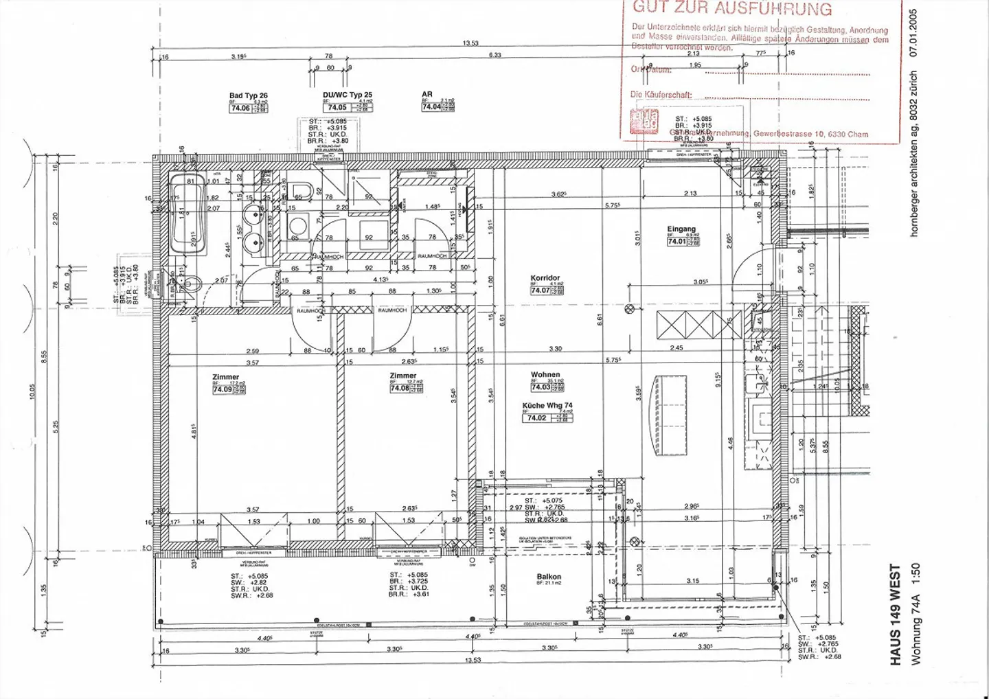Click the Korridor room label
pyautogui.click(x=545, y=278)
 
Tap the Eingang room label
pyautogui.click(x=681, y=229)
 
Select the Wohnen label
pyautogui.click(x=545, y=375)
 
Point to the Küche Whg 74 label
pyautogui.click(x=547, y=405)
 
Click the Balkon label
pyautogui.click(x=549, y=577)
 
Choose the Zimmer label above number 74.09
pyautogui.click(x=226, y=377)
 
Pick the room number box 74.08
pyautogui.click(x=400, y=388)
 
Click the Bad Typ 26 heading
pyautogui.click(x=248, y=96)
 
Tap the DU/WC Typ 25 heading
pyautogui.click(x=348, y=95)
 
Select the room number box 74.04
pyautogui.click(x=431, y=107)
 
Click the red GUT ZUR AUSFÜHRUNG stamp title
pyautogui.click(x=732, y=9)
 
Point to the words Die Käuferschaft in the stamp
pyautogui.click(x=661, y=95)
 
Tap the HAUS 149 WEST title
pyautogui.click(x=896, y=615)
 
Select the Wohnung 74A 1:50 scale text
pyautogui.click(x=916, y=615)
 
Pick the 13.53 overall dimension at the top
pyautogui.click(x=470, y=43)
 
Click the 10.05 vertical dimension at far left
pyautogui.click(x=32, y=391)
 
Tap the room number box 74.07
pyautogui.click(x=540, y=290)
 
